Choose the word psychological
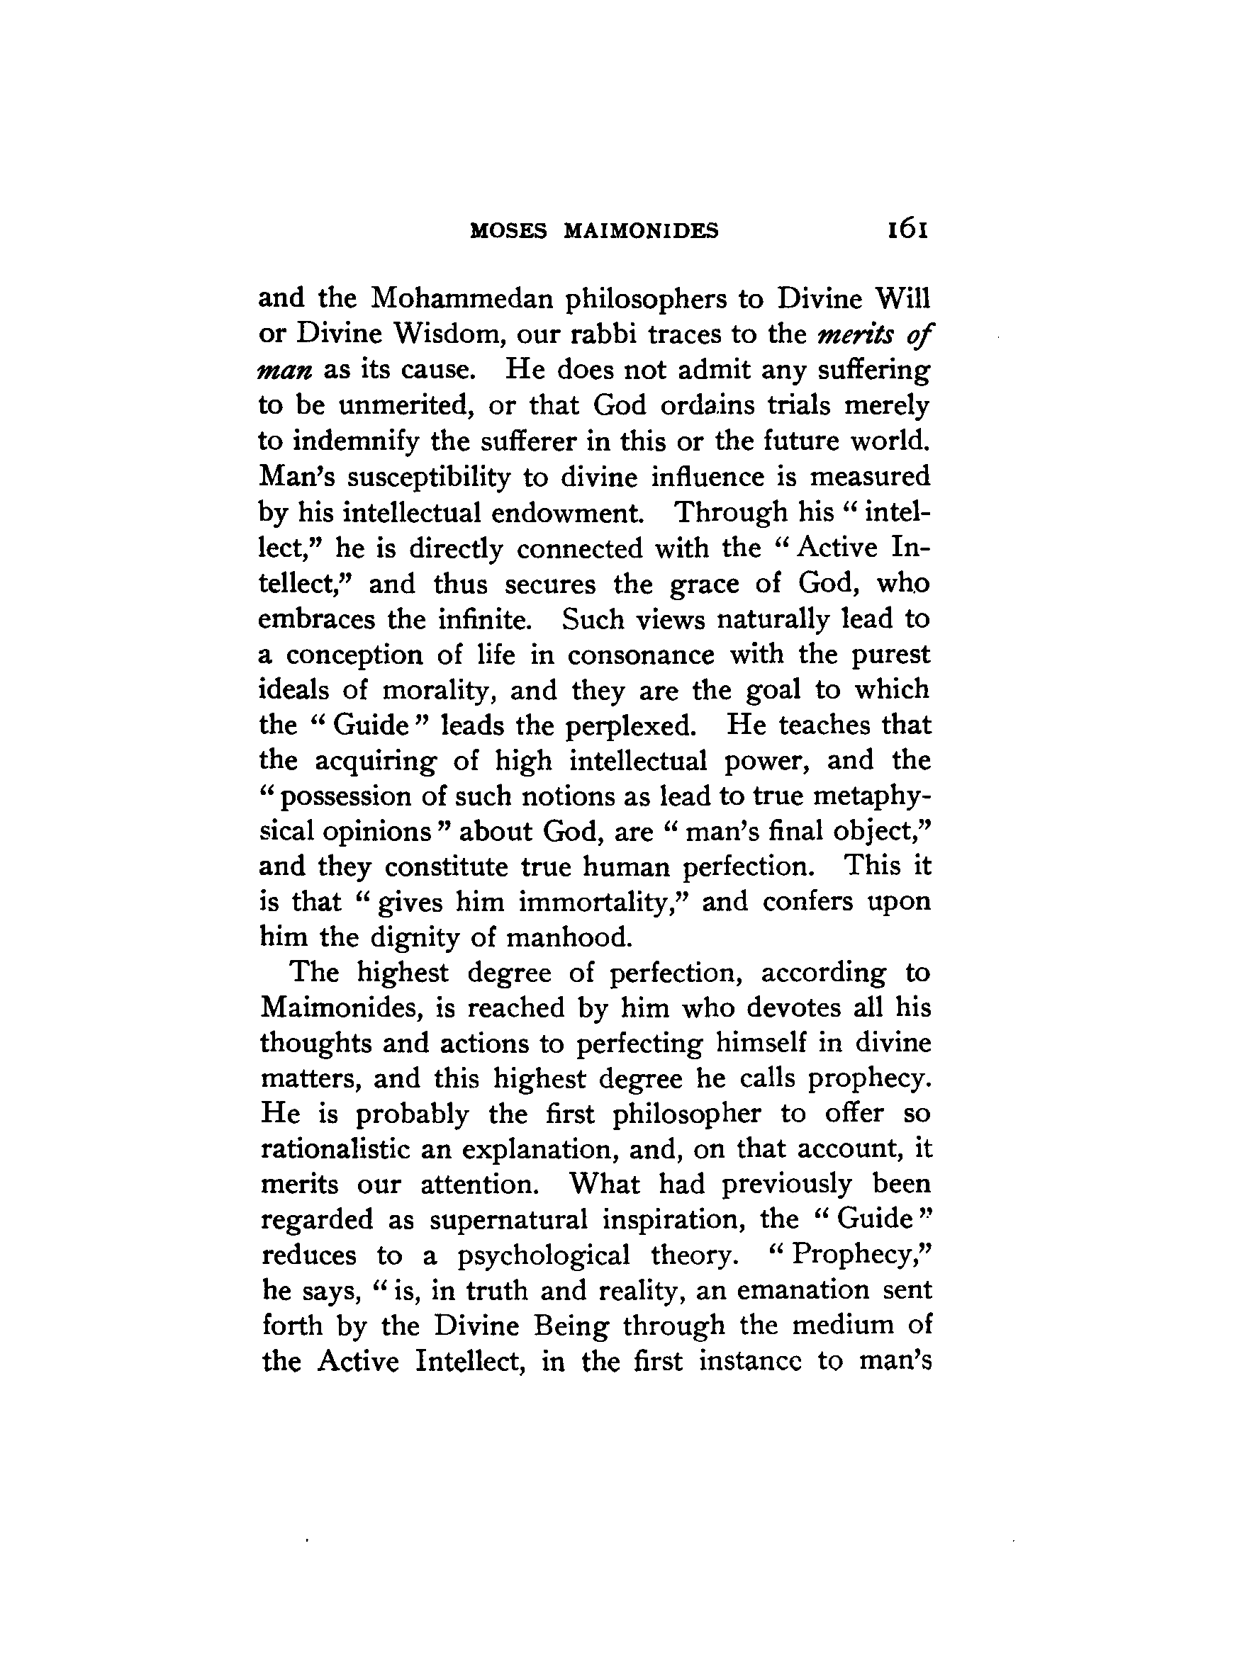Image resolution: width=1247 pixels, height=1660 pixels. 544,1256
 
